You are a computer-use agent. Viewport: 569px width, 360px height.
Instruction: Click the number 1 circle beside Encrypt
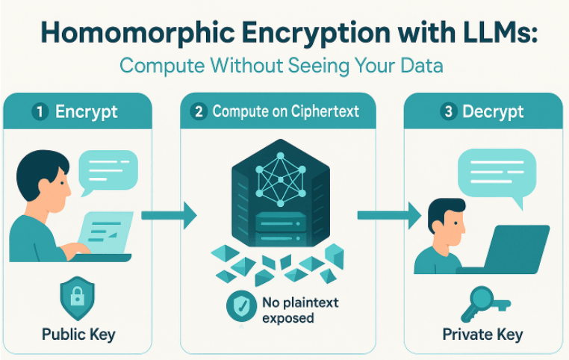(40, 112)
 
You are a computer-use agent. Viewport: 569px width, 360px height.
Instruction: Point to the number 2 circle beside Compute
(199, 112)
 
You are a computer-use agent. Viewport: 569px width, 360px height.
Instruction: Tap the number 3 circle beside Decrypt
(449, 112)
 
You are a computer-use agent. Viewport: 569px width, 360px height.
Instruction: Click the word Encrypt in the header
(87, 112)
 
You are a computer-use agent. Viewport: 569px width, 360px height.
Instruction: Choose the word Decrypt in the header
(493, 112)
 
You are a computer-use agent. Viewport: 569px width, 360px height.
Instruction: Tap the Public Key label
(78, 334)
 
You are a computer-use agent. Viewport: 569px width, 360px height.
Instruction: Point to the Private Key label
(483, 334)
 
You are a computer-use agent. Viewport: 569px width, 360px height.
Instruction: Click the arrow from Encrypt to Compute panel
(169, 216)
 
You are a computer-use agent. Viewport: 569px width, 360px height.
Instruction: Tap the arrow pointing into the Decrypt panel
(388, 216)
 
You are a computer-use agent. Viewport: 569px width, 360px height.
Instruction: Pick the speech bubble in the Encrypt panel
(108, 171)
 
